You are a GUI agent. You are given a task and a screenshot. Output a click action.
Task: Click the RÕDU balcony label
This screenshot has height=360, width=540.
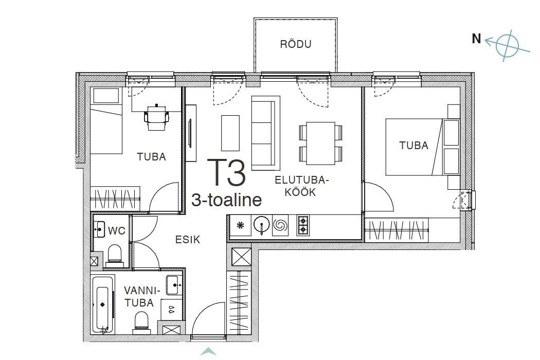click(296, 44)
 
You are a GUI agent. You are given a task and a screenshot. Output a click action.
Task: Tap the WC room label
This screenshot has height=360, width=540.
click(116, 230)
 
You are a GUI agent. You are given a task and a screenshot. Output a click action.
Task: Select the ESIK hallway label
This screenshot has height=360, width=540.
click(188, 240)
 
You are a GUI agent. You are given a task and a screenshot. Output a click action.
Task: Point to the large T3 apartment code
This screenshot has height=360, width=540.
click(226, 172)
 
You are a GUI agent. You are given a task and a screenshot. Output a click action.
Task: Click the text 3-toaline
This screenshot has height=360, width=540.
click(227, 200)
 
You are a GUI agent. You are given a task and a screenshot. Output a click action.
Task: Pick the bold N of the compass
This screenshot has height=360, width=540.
click(476, 39)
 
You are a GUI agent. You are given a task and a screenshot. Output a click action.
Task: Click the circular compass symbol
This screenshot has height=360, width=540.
click(507, 46)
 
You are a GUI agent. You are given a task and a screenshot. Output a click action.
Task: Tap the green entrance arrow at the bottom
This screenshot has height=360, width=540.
click(208, 351)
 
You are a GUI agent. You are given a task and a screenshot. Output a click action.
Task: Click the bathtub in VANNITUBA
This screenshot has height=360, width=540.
click(103, 305)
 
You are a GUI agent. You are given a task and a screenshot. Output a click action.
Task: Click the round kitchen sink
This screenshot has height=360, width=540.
click(261, 225)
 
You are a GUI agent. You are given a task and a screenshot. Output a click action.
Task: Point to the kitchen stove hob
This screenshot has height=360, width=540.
click(303, 225)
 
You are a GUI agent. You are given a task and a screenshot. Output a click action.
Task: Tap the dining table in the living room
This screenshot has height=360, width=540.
click(320, 143)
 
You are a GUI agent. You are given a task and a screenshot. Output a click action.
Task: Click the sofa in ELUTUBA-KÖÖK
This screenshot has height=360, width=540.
click(265, 133)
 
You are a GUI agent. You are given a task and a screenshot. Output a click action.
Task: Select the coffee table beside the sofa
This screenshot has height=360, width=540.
click(230, 133)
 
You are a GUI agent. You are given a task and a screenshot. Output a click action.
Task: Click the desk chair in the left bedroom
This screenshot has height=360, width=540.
click(157, 117)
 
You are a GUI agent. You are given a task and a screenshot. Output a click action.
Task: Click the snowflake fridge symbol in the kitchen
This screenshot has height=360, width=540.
click(240, 225)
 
